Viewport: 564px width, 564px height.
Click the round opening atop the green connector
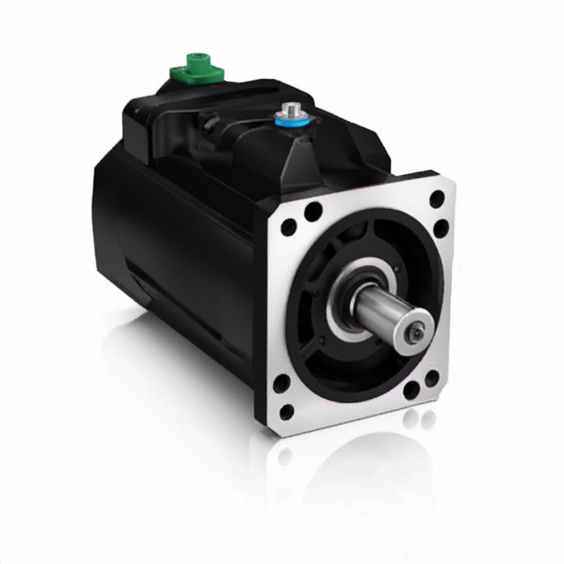point(198,57)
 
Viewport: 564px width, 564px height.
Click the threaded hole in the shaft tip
point(416,332)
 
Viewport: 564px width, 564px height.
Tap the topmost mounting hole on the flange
point(437,198)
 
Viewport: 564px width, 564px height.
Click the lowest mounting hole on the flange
point(287,411)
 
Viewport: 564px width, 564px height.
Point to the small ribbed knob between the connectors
point(209,124)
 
